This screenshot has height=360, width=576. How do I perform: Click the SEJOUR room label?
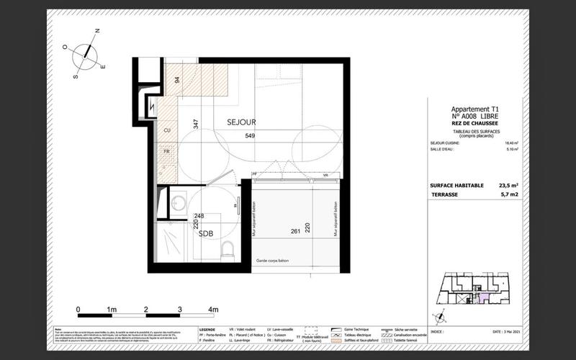241,122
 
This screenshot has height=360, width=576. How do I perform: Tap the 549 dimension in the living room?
250,136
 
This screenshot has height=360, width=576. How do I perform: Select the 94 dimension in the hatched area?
176,80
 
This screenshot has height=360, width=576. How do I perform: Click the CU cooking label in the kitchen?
167,130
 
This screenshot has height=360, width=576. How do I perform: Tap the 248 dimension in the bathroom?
199,216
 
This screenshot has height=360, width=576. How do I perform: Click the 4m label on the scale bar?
213,309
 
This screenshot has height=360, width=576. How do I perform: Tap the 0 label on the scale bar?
78,309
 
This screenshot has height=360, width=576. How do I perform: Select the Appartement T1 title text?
473,109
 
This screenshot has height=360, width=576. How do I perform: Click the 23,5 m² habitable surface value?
507,185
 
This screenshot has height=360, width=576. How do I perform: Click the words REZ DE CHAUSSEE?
473,122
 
